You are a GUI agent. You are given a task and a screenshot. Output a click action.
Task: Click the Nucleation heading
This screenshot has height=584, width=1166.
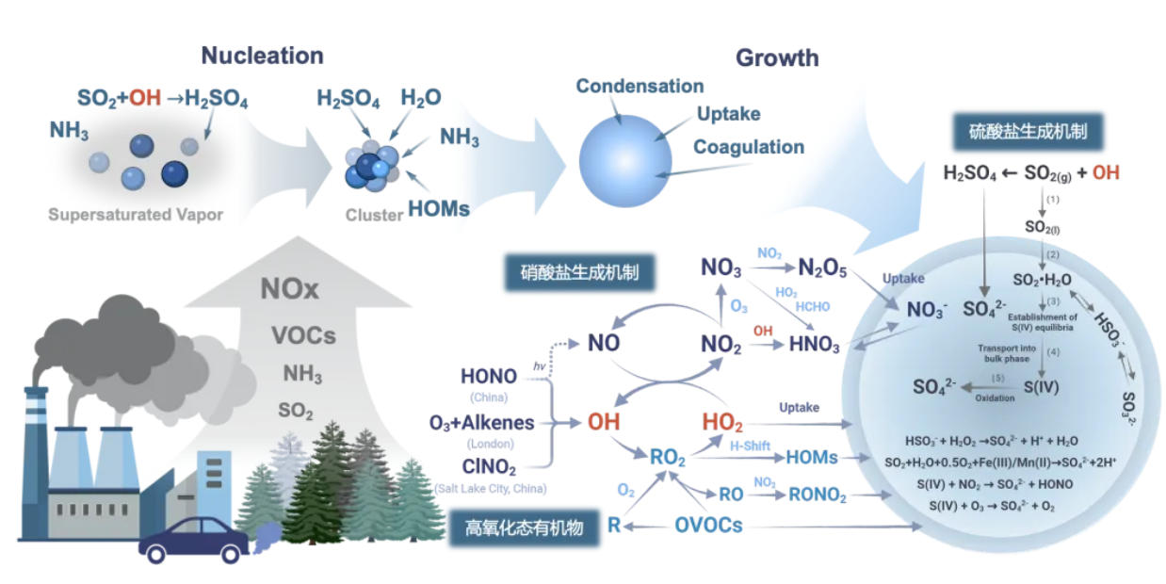pos(263,56)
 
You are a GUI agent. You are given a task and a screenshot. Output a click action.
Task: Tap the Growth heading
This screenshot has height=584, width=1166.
pos(777,57)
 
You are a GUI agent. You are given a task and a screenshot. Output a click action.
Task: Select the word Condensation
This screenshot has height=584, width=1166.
pos(640,86)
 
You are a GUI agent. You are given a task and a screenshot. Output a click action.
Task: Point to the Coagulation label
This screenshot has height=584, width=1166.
pos(749,147)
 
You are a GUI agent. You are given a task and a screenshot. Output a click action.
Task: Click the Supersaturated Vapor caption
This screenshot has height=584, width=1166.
pos(136,215)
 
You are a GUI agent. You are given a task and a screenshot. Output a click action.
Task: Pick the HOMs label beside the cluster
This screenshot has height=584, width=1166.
pos(439,209)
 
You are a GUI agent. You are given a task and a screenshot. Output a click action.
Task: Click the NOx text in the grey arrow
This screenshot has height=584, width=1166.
pos(289,288)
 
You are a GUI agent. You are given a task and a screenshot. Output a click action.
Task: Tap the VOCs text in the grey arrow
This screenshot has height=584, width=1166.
pos(303,335)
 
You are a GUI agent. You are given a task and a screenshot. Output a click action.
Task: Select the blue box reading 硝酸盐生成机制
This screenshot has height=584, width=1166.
pos(579,272)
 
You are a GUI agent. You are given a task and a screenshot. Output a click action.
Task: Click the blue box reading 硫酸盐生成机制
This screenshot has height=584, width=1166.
pos(1028,132)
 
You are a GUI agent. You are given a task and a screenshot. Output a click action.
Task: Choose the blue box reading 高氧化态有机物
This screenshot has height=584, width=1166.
pos(524,527)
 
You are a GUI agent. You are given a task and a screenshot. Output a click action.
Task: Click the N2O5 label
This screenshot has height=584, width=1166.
pos(822,268)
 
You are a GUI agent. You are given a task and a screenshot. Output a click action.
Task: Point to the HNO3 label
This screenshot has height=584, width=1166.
pos(814,344)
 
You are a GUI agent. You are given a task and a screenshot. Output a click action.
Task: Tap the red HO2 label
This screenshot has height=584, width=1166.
pos(722,422)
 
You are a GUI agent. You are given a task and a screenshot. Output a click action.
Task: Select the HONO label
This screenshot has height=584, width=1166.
pos(488,376)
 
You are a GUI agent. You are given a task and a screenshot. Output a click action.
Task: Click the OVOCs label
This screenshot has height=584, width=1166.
pos(708,526)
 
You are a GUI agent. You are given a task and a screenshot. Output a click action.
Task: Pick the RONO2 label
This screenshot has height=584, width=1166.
pos(818,495)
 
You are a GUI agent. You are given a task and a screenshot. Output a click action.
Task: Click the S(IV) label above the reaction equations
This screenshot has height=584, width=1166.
pos(1041,387)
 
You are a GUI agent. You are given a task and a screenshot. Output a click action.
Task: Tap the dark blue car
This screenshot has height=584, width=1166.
pos(193,541)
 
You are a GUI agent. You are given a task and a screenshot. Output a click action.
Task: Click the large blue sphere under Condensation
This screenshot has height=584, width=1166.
pos(625,161)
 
